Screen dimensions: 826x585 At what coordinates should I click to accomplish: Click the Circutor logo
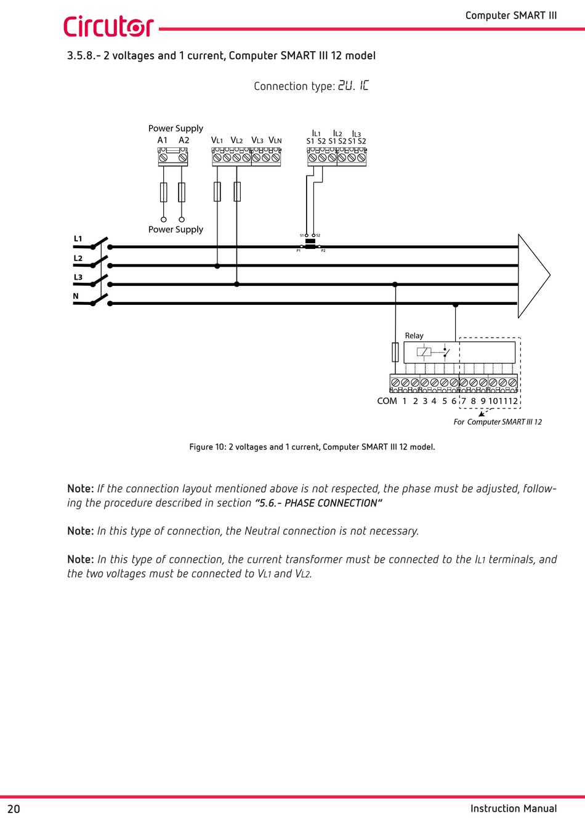click(x=108, y=26)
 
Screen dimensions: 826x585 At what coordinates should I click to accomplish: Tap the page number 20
click(x=14, y=809)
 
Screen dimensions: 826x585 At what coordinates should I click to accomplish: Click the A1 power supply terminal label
click(x=163, y=140)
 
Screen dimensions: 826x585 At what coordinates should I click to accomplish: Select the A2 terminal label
click(x=184, y=140)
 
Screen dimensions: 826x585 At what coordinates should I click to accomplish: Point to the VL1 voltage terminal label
click(x=217, y=140)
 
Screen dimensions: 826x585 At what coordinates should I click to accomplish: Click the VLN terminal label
click(x=275, y=140)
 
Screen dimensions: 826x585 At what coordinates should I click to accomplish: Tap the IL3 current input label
click(x=357, y=134)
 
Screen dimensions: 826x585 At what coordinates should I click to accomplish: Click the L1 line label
click(x=78, y=239)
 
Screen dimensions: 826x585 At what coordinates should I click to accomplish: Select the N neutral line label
click(x=76, y=296)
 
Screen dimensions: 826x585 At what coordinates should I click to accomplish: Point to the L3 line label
click(x=78, y=277)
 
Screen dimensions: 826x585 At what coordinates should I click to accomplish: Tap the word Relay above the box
click(x=414, y=336)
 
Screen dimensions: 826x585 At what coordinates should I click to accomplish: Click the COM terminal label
click(x=387, y=401)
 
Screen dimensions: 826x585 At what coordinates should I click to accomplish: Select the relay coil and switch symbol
click(x=434, y=352)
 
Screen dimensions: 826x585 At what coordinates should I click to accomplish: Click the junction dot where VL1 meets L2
click(x=217, y=266)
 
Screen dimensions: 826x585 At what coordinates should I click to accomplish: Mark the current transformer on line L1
click(x=310, y=246)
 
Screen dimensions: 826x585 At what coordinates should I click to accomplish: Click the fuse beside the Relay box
click(x=395, y=352)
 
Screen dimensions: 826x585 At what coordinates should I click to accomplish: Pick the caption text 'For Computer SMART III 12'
click(x=498, y=422)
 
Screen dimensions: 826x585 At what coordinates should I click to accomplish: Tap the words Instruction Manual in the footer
click(x=514, y=809)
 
